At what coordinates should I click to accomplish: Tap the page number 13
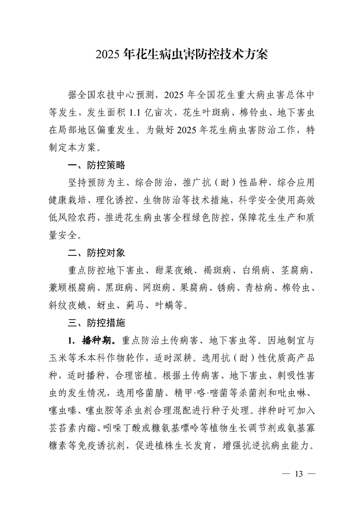(298, 474)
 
